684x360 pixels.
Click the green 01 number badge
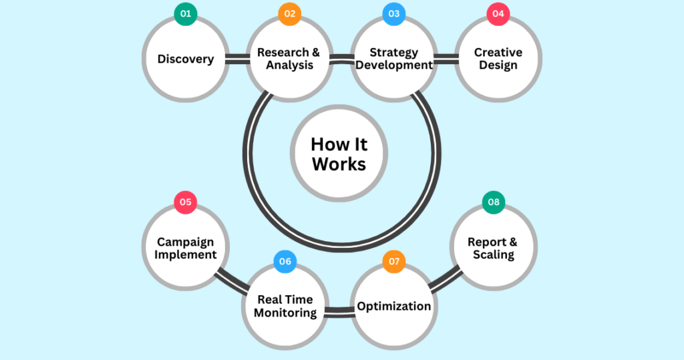click(186, 14)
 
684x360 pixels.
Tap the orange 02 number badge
click(289, 14)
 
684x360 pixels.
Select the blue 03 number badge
click(393, 14)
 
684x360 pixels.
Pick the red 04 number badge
click(498, 14)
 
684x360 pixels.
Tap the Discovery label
click(186, 59)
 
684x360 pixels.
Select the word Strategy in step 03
click(393, 52)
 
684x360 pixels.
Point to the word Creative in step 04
click(498, 52)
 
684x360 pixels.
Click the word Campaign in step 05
click(186, 242)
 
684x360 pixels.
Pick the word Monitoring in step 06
click(285, 313)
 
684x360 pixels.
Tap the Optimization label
click(393, 306)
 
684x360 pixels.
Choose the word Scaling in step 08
click(494, 254)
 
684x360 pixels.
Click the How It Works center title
click(339, 154)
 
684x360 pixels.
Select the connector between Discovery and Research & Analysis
click(236, 59)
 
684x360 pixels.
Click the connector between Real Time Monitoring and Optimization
click(339, 310)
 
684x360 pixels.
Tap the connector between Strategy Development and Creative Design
click(446, 59)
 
